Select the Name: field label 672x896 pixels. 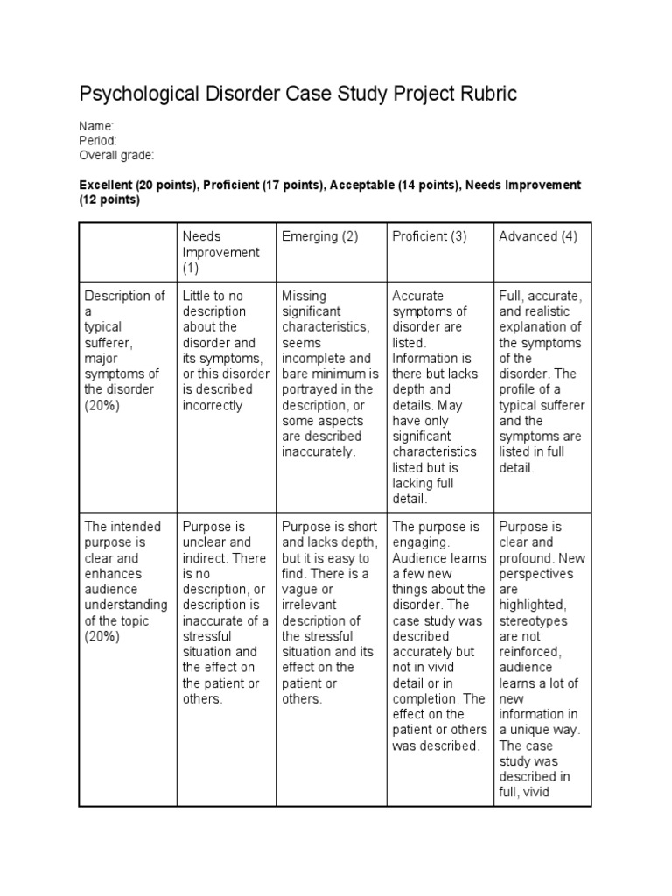click(96, 126)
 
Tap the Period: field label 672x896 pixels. click(98, 141)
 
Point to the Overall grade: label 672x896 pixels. click(117, 156)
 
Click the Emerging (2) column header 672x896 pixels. click(319, 236)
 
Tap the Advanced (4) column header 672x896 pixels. click(537, 236)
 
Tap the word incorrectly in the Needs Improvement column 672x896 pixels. click(213, 406)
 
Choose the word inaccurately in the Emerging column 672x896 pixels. click(318, 452)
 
